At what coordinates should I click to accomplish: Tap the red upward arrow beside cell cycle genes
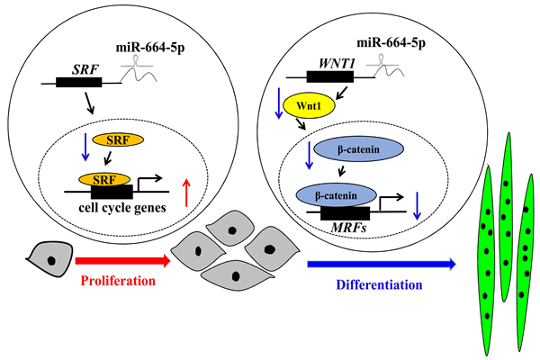pos(185,192)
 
